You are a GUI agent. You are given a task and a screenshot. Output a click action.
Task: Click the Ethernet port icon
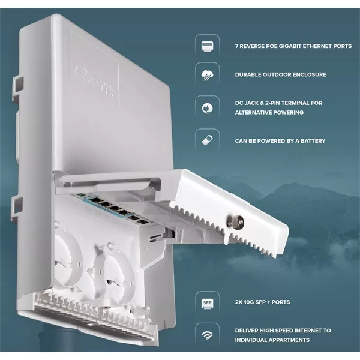tap(208, 47)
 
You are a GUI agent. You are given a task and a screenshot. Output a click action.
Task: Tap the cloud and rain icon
tap(208, 76)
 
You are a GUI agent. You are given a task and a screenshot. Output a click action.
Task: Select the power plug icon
tap(208, 108)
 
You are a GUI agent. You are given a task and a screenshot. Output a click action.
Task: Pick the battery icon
tap(208, 140)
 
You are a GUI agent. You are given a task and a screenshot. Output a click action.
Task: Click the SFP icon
tap(208, 304)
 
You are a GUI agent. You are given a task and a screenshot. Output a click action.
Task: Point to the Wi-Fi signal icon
tap(208, 335)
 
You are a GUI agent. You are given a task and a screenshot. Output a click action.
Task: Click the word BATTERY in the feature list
tap(313, 141)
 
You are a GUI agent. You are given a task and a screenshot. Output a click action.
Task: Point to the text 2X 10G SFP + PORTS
tap(262, 302)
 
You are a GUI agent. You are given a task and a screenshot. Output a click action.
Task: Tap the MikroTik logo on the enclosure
tap(94, 82)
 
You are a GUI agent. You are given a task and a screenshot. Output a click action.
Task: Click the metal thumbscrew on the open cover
tap(235, 222)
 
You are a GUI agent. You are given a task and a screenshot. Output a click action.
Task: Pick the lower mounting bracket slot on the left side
tap(17, 208)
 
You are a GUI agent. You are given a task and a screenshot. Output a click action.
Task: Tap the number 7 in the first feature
tap(237, 46)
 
